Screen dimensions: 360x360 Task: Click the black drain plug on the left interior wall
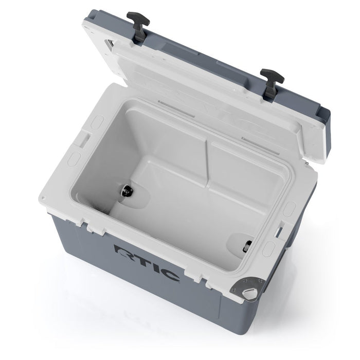(x=125, y=191)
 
